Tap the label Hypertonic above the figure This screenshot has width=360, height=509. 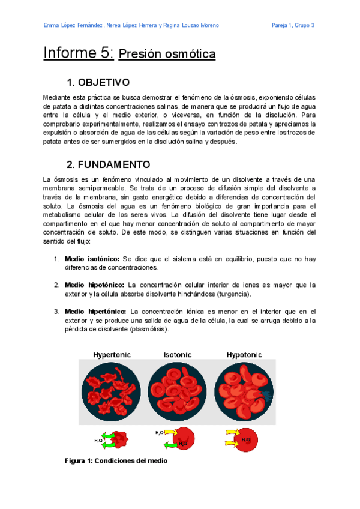(x=112, y=355)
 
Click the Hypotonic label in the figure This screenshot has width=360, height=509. (x=244, y=355)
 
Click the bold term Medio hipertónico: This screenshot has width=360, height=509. (x=96, y=312)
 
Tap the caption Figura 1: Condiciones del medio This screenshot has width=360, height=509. (x=116, y=461)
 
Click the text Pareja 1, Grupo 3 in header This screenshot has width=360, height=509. (x=293, y=25)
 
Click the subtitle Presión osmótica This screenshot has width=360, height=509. (x=167, y=55)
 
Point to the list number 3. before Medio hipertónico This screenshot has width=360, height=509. (x=56, y=312)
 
